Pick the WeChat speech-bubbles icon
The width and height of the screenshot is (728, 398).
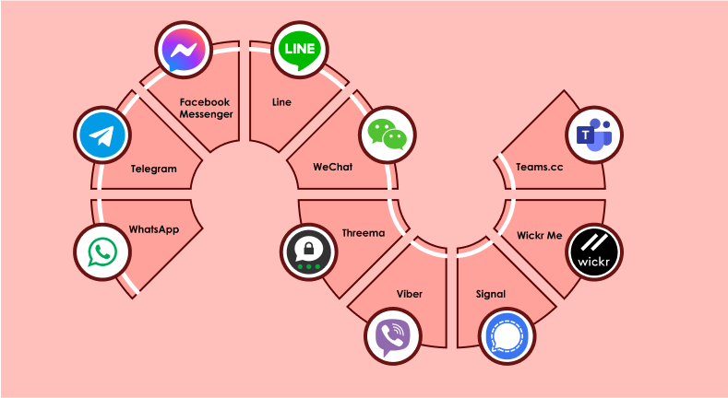pyautogui.click(x=387, y=136)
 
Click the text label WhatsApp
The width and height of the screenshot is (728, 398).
pyautogui.click(x=153, y=229)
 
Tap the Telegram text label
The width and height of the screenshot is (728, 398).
pyautogui.click(x=153, y=170)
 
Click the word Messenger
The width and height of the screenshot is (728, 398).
pyautogui.click(x=205, y=114)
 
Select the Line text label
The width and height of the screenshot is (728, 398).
pyautogui.click(x=281, y=102)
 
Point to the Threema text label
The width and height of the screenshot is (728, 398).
pyautogui.click(x=363, y=234)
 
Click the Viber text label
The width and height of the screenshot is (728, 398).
pyautogui.click(x=410, y=294)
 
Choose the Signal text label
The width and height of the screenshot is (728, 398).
pyautogui.click(x=491, y=295)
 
